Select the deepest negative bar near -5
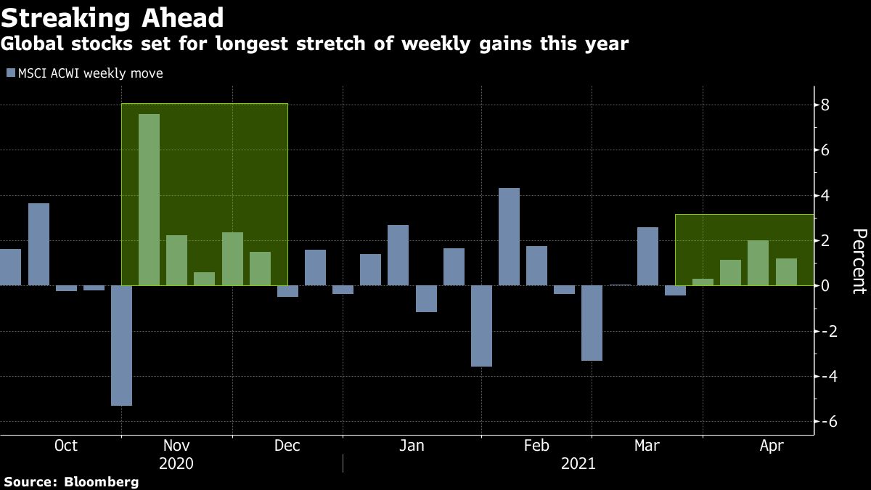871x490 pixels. coord(121,346)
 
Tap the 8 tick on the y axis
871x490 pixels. coord(826,106)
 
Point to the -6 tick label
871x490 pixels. coord(823,422)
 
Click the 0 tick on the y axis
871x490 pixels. coord(826,286)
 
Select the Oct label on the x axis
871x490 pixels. coord(66,446)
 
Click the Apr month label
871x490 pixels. coord(772,446)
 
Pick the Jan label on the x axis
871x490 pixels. coord(412,446)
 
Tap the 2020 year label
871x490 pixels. coord(177,463)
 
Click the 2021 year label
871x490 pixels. coord(578,463)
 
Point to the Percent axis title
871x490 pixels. coord(859,261)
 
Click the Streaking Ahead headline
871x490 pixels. coord(113,17)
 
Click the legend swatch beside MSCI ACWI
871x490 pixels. coord(10,73)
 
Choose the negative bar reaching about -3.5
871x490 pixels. coord(481,326)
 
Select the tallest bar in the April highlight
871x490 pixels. coord(758,263)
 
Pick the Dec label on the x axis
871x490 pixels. coord(287,446)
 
